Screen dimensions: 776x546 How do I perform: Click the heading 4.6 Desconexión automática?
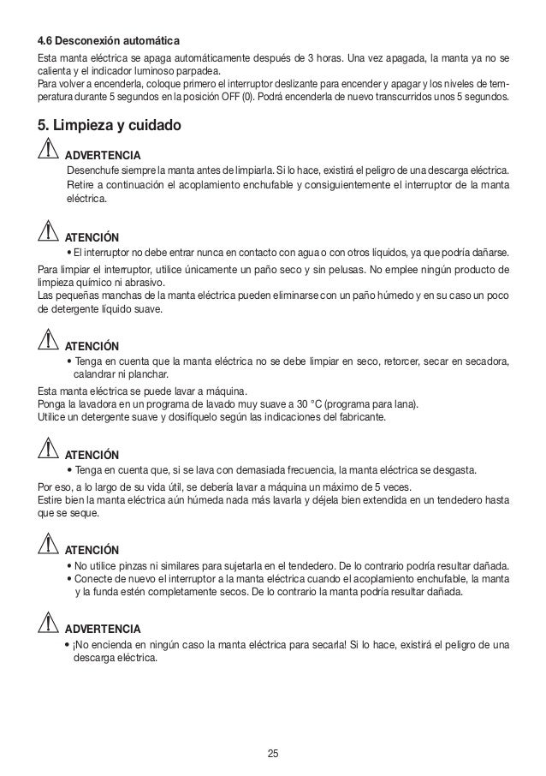(107, 41)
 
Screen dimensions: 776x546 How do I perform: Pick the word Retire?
(82, 184)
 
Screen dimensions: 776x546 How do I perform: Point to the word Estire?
(52, 500)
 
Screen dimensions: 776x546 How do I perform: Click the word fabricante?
(356, 417)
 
